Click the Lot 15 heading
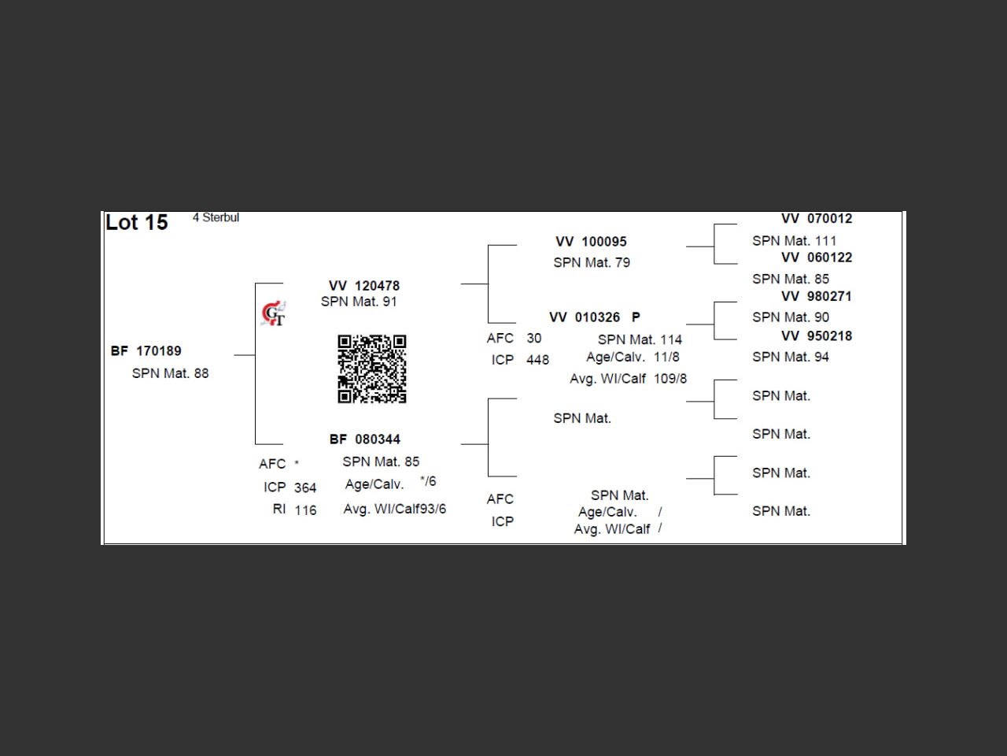(x=137, y=223)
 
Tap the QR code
(x=372, y=369)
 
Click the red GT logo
(x=273, y=313)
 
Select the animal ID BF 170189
(x=146, y=351)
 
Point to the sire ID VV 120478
(x=364, y=286)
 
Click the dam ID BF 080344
(x=365, y=439)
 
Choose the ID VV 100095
(x=591, y=242)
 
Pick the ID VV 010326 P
(x=595, y=317)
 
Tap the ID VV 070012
(x=817, y=219)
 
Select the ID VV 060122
(x=817, y=258)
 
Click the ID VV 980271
(x=817, y=297)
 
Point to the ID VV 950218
(x=817, y=336)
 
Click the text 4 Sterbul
(x=216, y=218)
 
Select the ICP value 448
(x=537, y=360)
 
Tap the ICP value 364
(x=305, y=488)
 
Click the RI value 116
(x=305, y=510)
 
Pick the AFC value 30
(x=533, y=339)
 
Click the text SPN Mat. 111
(x=794, y=241)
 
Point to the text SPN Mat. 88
(x=170, y=373)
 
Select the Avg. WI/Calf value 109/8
(x=670, y=379)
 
